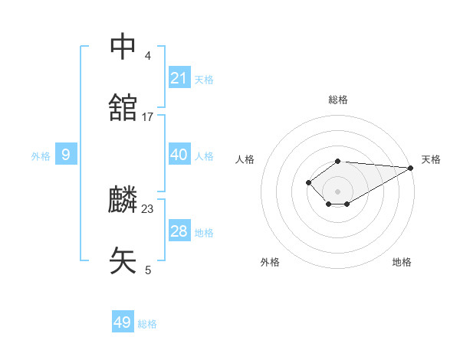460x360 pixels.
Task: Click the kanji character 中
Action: click(123, 47)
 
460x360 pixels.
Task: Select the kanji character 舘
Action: click(123, 108)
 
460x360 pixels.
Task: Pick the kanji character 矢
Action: click(123, 260)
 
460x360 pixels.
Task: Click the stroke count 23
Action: click(148, 208)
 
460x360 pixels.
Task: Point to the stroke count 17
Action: click(148, 116)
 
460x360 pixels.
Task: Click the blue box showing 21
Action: click(179, 77)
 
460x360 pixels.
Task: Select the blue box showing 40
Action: click(179, 155)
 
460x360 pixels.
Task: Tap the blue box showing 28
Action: click(179, 231)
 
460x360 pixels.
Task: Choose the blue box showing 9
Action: click(66, 155)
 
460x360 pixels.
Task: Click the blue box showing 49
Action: click(123, 322)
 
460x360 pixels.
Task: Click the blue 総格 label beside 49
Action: click(147, 324)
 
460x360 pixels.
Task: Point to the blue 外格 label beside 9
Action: click(41, 156)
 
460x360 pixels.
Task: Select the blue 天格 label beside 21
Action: click(204, 79)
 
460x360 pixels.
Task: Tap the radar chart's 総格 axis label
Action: click(337, 100)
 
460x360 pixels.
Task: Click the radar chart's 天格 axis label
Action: click(431, 159)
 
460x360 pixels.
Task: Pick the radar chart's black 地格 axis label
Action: click(402, 262)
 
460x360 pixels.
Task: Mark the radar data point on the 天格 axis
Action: click(411, 167)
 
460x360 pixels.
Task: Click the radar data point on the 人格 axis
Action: click(308, 182)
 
